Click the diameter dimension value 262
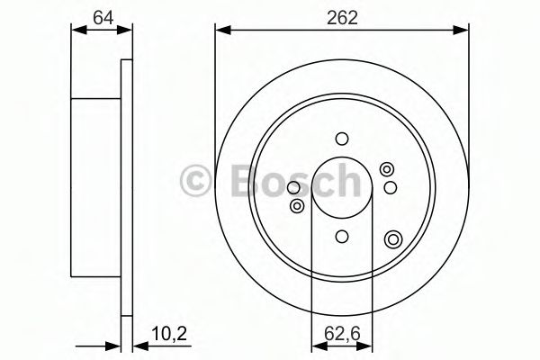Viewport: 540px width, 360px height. [x=341, y=16]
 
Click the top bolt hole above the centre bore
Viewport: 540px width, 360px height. [x=341, y=139]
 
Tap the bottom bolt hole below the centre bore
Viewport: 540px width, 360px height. [x=341, y=236]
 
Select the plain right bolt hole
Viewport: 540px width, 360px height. [x=390, y=186]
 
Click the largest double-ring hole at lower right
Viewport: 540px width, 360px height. [x=391, y=238]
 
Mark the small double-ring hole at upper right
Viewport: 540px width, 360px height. [x=387, y=168]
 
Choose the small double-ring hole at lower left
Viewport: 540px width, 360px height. [x=296, y=206]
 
